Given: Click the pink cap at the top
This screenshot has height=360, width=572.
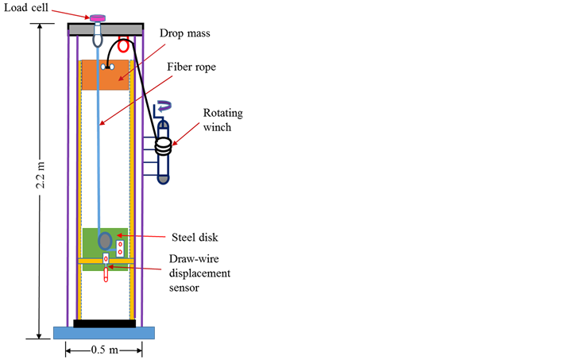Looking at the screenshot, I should (x=97, y=18).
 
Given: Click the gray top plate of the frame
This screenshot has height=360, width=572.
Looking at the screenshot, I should (x=106, y=29).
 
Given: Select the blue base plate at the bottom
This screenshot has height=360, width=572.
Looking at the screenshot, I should (x=103, y=333).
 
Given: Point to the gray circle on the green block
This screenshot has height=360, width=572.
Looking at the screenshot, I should (x=105, y=241).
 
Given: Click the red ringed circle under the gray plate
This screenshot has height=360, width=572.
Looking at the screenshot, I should (x=123, y=46).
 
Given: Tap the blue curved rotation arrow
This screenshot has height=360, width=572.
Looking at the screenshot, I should (x=164, y=105).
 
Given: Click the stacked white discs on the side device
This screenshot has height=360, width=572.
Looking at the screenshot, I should (x=163, y=145).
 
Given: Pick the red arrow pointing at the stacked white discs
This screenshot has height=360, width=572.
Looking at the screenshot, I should (x=186, y=134).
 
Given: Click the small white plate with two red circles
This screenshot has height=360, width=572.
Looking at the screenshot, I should (x=120, y=249).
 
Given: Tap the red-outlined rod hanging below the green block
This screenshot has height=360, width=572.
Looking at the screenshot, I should (x=106, y=273).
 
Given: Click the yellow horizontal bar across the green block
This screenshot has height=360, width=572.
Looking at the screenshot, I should (x=106, y=261).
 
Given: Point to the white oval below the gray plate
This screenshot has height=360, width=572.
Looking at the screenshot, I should (x=98, y=40).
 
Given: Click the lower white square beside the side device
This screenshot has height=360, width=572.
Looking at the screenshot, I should (x=149, y=168).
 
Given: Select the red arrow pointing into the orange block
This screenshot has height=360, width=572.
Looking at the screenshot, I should (x=142, y=62).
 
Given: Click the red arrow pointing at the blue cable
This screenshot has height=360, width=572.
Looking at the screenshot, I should (x=136, y=100).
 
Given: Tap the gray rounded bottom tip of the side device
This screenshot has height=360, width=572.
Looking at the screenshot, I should (x=163, y=179).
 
